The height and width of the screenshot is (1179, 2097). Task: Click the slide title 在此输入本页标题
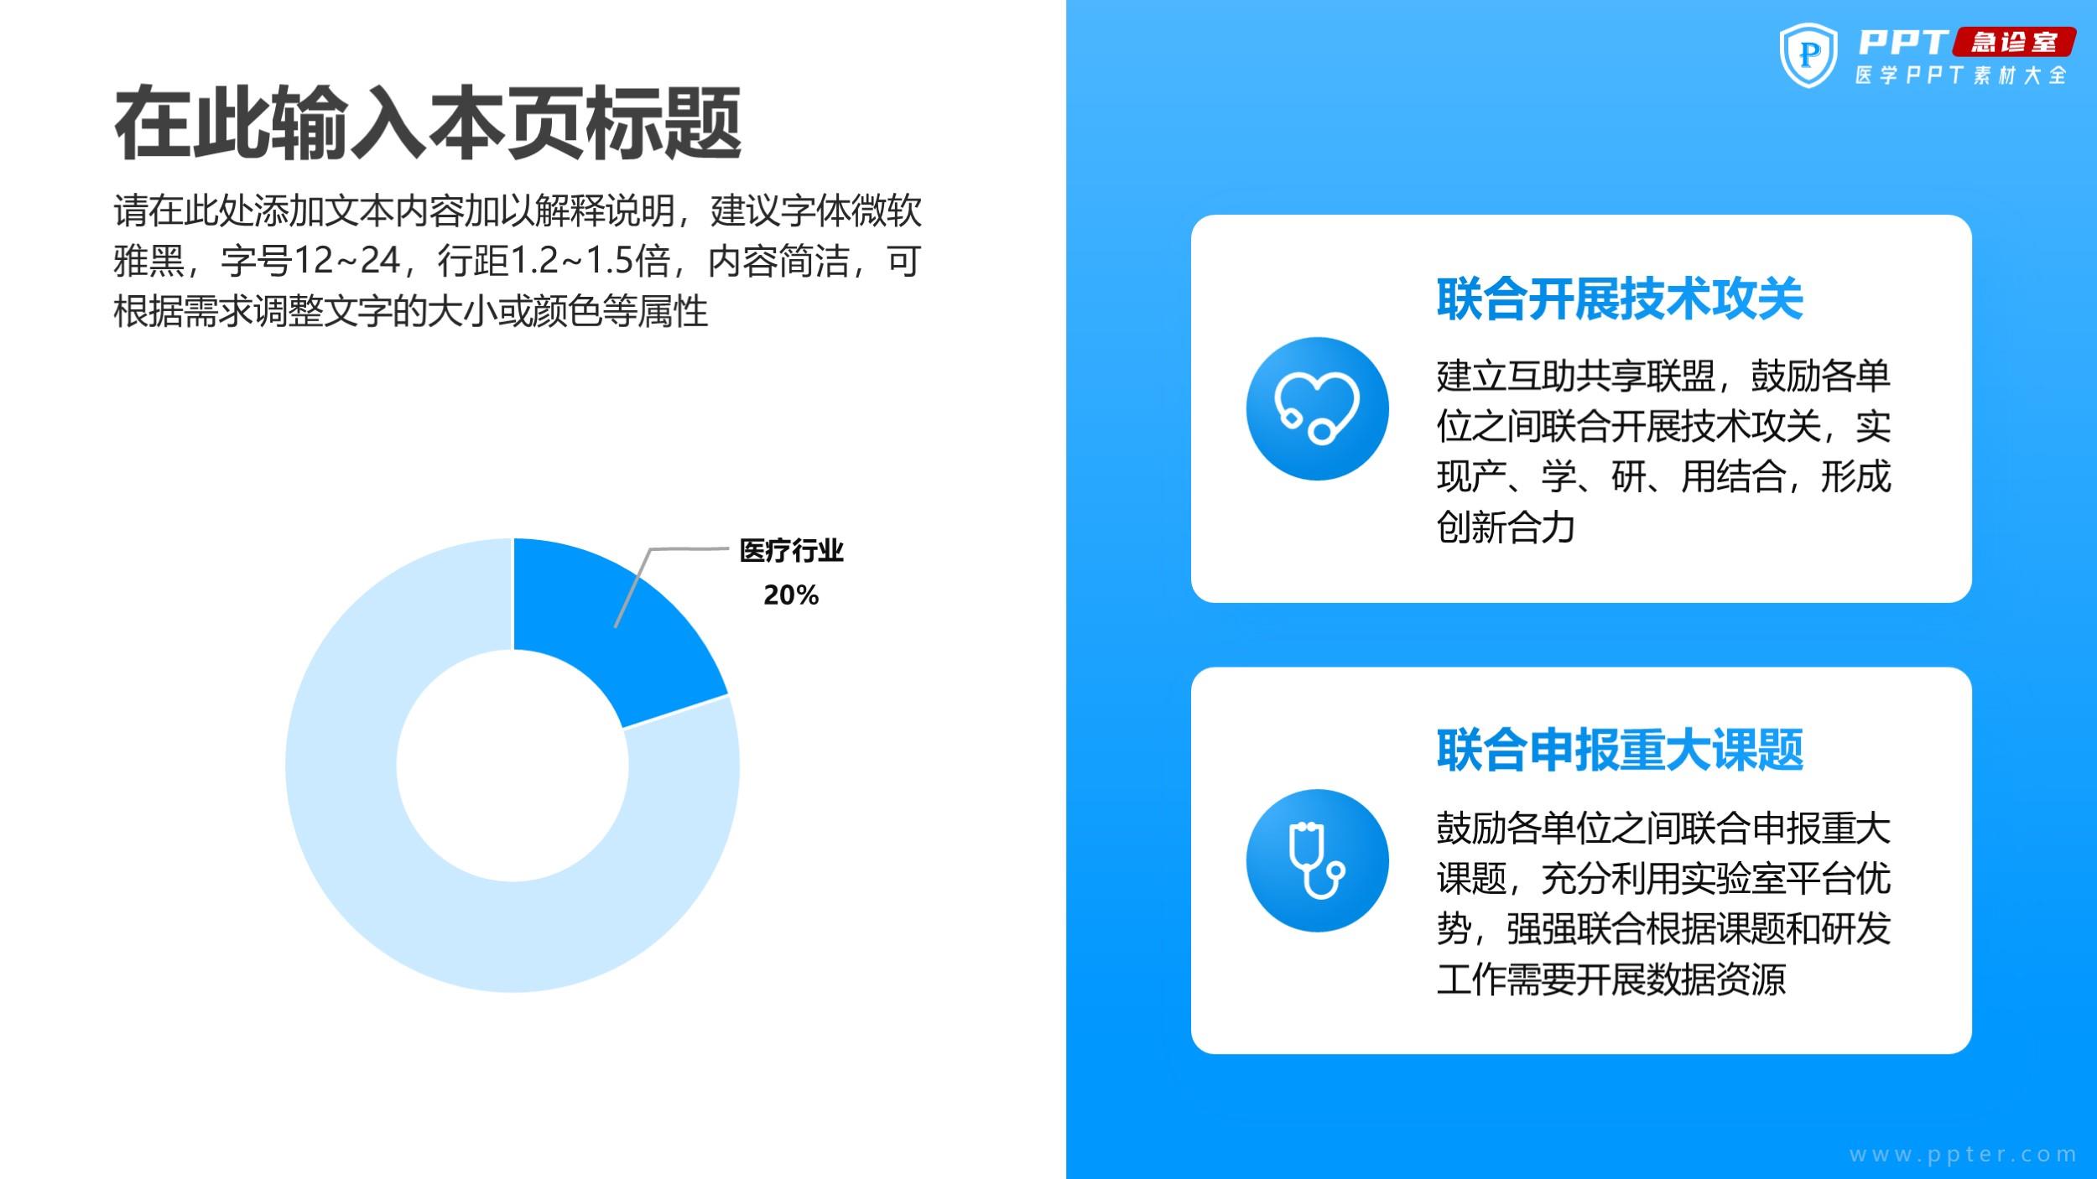(428, 122)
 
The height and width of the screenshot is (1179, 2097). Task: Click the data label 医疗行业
(791, 551)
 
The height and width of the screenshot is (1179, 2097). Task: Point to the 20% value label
(791, 595)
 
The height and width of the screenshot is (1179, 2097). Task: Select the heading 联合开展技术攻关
(1620, 299)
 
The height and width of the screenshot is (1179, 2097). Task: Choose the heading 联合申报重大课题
(1620, 750)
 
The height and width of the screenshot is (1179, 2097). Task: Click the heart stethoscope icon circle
(1318, 408)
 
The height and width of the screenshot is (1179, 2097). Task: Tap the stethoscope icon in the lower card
(1318, 860)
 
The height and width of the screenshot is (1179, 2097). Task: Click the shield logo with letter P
(1808, 55)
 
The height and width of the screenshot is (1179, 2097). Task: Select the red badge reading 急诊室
(2014, 42)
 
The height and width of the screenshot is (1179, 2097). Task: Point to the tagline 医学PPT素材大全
(1960, 75)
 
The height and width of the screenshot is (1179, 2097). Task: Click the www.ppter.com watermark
(1963, 1155)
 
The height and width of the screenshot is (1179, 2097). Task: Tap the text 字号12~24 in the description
(310, 261)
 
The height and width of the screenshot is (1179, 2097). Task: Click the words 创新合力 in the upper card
(1506, 527)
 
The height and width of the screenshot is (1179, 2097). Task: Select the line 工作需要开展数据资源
(1611, 979)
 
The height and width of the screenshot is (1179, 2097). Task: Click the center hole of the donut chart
(513, 766)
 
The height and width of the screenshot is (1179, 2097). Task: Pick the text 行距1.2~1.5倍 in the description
(554, 261)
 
